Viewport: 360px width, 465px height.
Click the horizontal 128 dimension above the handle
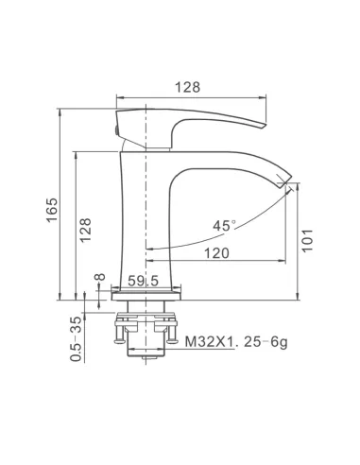pos(187,87)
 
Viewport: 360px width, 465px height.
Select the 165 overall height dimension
pos(52,210)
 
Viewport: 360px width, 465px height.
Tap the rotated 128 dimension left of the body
pos(85,230)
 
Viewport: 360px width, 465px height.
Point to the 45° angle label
pos(224,225)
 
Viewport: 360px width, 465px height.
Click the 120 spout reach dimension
pos(217,253)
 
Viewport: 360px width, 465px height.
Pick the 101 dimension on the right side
pos(307,240)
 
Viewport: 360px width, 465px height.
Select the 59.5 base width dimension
pos(144,281)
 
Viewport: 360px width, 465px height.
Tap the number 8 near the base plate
pos(100,277)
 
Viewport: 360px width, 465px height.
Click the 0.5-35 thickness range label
pos(76,339)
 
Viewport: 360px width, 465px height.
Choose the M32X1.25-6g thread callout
pos(236,341)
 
